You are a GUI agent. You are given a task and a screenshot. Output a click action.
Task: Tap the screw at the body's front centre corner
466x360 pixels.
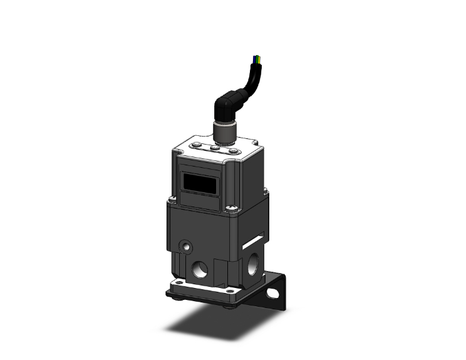coord(234,209)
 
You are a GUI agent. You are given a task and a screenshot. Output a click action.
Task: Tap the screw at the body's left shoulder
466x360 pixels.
coord(171,200)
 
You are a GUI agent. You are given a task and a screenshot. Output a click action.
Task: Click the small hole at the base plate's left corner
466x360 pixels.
coord(178,284)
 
